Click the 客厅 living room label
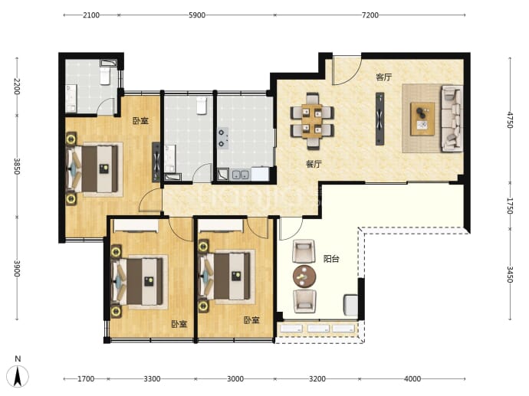click(384, 77)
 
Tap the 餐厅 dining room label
click(314, 164)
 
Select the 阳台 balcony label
click(331, 259)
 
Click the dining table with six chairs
click(312, 121)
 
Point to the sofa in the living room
click(452, 118)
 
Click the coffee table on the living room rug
click(422, 119)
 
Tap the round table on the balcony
click(304, 277)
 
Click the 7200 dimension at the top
click(370, 15)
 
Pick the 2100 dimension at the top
click(91, 15)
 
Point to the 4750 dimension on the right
click(509, 120)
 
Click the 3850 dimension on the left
click(17, 166)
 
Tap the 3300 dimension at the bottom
click(152, 379)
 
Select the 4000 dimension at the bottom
click(412, 379)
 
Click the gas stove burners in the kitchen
click(222, 138)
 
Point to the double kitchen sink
click(241, 175)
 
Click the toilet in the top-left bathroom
click(105, 76)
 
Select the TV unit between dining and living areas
click(379, 119)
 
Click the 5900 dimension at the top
click(197, 15)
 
